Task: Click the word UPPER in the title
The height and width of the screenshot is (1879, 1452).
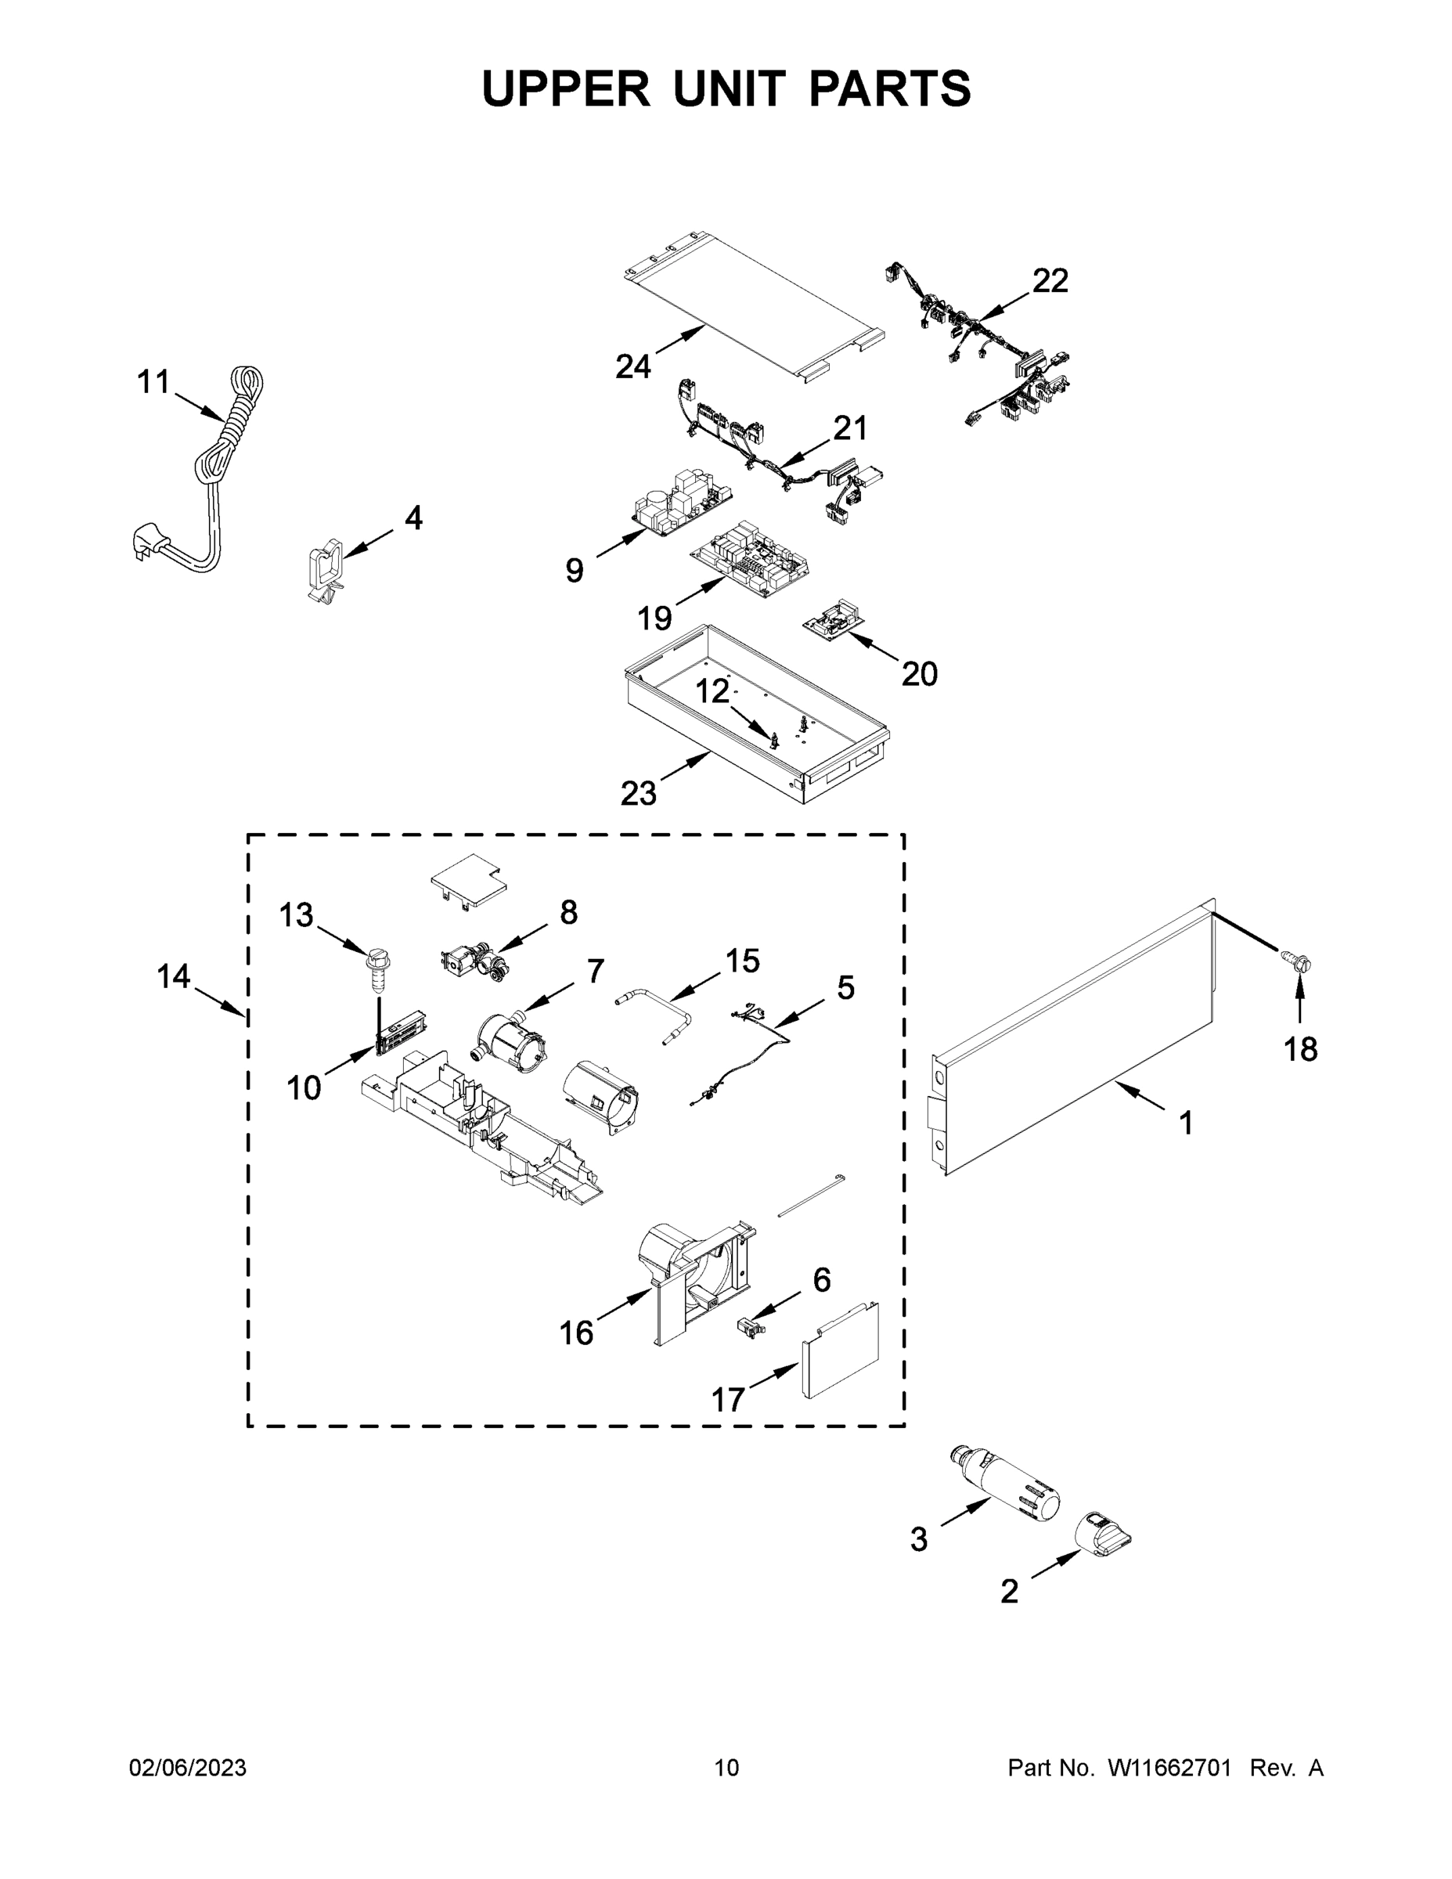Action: [x=565, y=88]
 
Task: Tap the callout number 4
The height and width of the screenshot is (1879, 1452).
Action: [x=414, y=518]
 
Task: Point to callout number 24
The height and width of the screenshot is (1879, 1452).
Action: [x=633, y=367]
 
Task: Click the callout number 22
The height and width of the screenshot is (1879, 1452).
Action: [x=1050, y=280]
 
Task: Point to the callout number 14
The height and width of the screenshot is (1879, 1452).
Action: [x=173, y=976]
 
